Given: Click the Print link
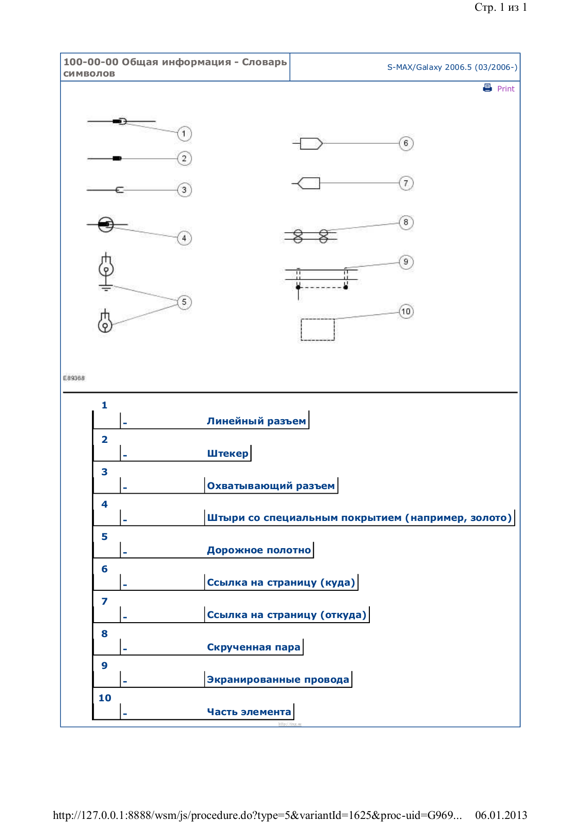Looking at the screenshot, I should (x=505, y=89).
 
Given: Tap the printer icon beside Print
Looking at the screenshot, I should (x=488, y=88).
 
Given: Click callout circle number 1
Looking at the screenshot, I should (x=184, y=134).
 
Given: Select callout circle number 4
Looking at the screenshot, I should (x=184, y=238).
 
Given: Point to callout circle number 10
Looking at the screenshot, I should (x=406, y=311).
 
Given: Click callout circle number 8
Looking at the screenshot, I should (x=406, y=222).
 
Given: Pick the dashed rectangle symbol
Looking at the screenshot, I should (x=317, y=329).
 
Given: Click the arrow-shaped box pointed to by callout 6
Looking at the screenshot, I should (x=311, y=143).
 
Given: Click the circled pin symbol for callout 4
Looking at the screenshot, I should (x=106, y=225).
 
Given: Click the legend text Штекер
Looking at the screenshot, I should (x=228, y=454).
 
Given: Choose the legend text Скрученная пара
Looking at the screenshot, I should (x=253, y=647).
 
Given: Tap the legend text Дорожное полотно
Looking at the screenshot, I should (x=259, y=550).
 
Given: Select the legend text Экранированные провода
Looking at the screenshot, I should (x=278, y=680).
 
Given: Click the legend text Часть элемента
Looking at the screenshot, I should (x=249, y=712).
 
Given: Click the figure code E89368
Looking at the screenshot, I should (x=74, y=378).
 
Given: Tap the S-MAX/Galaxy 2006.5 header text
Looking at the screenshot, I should (x=452, y=67).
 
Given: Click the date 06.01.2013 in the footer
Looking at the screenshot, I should (x=501, y=815).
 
